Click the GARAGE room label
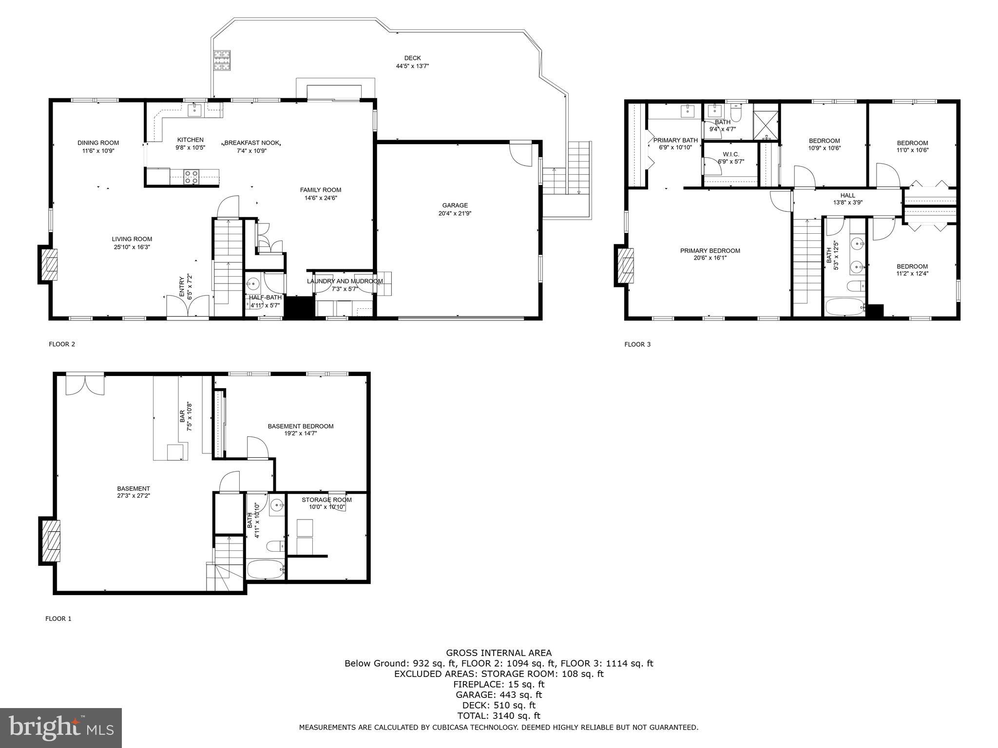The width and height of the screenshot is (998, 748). pos(455,206)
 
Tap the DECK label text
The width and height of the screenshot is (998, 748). pos(412,58)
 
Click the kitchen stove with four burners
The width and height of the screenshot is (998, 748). pos(191,176)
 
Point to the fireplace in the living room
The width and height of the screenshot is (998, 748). pos(48,263)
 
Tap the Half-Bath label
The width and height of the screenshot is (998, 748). pos(265,298)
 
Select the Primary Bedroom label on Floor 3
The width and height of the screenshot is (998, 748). pos(710,251)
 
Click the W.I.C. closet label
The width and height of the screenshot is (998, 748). pos(730,154)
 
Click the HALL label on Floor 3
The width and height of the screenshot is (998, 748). pos(847,195)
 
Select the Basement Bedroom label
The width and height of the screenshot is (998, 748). pos(300,426)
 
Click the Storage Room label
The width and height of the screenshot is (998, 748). pos(326,500)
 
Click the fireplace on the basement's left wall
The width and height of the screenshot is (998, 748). pos(50,541)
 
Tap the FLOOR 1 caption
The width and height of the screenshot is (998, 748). pos(58,618)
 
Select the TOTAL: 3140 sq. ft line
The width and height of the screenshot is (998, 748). pos(499,715)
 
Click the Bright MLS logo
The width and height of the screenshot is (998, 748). pos(60,728)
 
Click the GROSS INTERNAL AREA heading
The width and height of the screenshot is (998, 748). pos(499,653)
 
